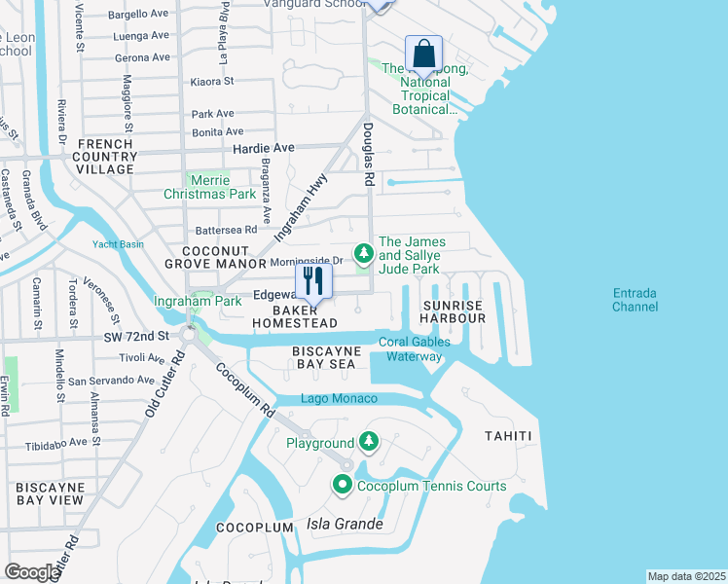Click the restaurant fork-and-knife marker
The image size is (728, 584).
point(312,281)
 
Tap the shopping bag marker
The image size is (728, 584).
point(423,53)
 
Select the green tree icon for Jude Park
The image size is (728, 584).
point(363,254)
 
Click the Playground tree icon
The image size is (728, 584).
point(368,443)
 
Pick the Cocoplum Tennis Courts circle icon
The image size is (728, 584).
point(343,485)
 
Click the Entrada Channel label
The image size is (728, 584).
point(635,300)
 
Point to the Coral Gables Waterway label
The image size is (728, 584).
point(415,348)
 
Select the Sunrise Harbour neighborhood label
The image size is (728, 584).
point(452,313)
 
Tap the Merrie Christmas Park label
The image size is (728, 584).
point(210,187)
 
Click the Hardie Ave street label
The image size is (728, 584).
point(263,148)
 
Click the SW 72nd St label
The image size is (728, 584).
point(137,336)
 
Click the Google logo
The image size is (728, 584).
point(32,572)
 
